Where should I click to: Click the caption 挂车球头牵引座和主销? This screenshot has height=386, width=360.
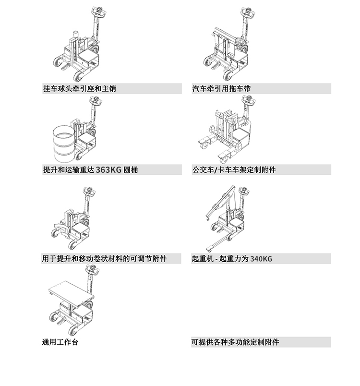79,89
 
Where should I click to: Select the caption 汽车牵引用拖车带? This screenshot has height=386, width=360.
221,89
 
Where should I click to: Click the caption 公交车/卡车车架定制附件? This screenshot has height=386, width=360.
234,170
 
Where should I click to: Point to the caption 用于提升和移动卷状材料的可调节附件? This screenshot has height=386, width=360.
104,259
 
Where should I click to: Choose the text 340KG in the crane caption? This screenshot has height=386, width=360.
261,259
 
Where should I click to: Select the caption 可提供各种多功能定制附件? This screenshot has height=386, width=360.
235,342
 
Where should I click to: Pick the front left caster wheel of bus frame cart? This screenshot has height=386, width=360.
204,143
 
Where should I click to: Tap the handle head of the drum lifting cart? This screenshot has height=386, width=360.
95,102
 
